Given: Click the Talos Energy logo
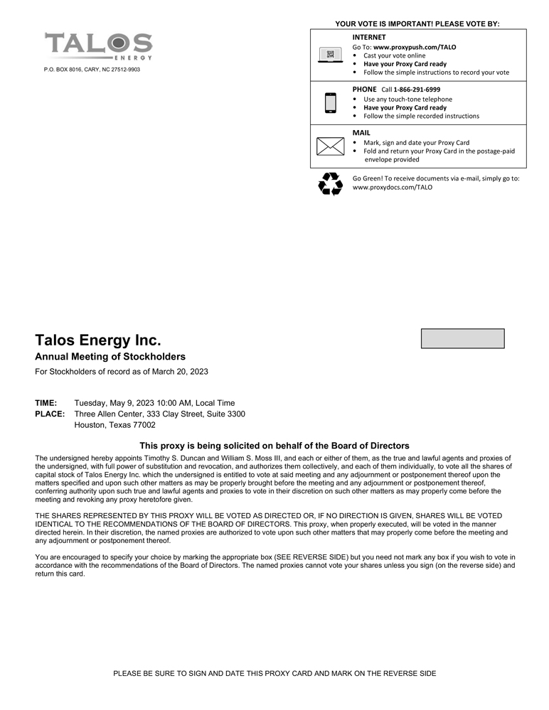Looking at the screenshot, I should click(x=98, y=46).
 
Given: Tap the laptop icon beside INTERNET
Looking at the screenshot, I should click(x=329, y=55).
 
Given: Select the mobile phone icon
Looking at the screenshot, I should click(x=330, y=103).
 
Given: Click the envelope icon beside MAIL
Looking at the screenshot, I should click(x=329, y=146).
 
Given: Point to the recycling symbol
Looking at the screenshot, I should click(x=330, y=184).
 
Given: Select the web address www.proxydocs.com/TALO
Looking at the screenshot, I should click(x=393, y=188).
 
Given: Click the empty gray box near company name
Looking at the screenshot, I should click(x=462, y=338).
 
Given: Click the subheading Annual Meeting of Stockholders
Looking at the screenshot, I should click(x=110, y=357).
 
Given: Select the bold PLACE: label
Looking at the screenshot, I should click(x=50, y=414).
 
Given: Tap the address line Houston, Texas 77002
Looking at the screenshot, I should click(x=115, y=425).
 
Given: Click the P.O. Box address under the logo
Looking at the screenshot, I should click(x=92, y=70).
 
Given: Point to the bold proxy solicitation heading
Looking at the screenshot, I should click(x=274, y=446).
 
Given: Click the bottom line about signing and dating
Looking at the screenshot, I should click(x=274, y=673).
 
